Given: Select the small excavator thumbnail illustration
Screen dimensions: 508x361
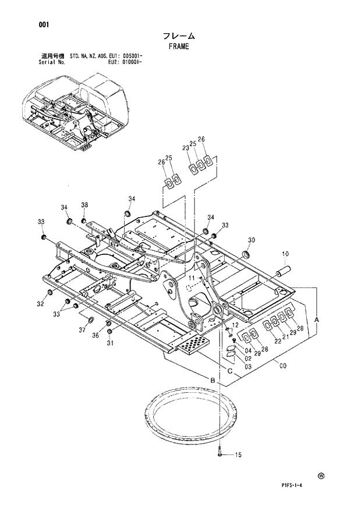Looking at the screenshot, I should click(74, 111).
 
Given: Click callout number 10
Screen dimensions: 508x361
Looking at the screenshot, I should click(286, 254).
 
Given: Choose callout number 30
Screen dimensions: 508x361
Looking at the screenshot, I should click(251, 240).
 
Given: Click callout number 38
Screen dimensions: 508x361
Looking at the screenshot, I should click(84, 205).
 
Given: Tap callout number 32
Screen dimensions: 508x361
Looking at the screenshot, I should click(41, 304).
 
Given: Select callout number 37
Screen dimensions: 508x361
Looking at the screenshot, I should click(82, 331).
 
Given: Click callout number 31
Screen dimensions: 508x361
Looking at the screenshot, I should click(109, 342).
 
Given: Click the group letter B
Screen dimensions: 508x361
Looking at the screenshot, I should click(213, 380).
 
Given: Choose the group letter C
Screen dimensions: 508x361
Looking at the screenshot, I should click(230, 371).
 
